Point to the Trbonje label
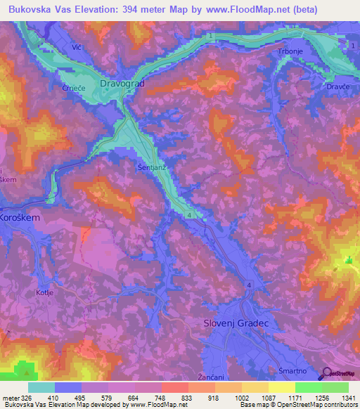pyautogui.click(x=290, y=53)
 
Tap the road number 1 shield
pyautogui.click(x=352, y=45)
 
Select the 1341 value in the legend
pyautogui.click(x=340, y=398)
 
